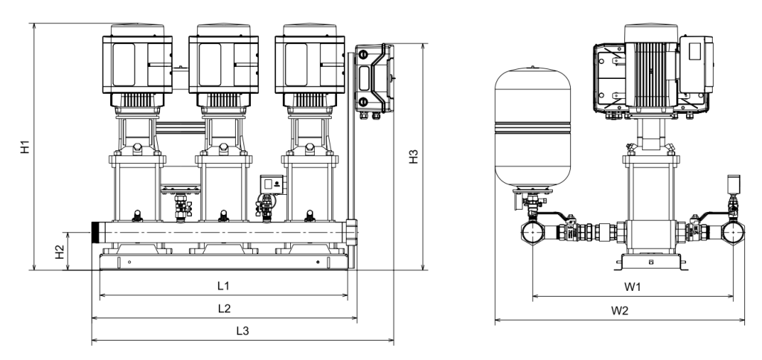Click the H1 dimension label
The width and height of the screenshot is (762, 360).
[25, 147]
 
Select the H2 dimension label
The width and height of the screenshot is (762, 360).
[60, 251]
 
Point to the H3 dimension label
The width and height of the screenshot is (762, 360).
[413, 156]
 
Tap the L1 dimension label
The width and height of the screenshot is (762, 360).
[223, 286]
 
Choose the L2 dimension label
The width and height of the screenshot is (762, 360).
[224, 309]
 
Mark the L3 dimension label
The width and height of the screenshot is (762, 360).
[243, 331]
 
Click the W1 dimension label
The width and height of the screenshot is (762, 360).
[633, 287]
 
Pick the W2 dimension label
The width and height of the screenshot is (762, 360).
[620, 311]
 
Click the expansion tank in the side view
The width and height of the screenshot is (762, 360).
[533, 128]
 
